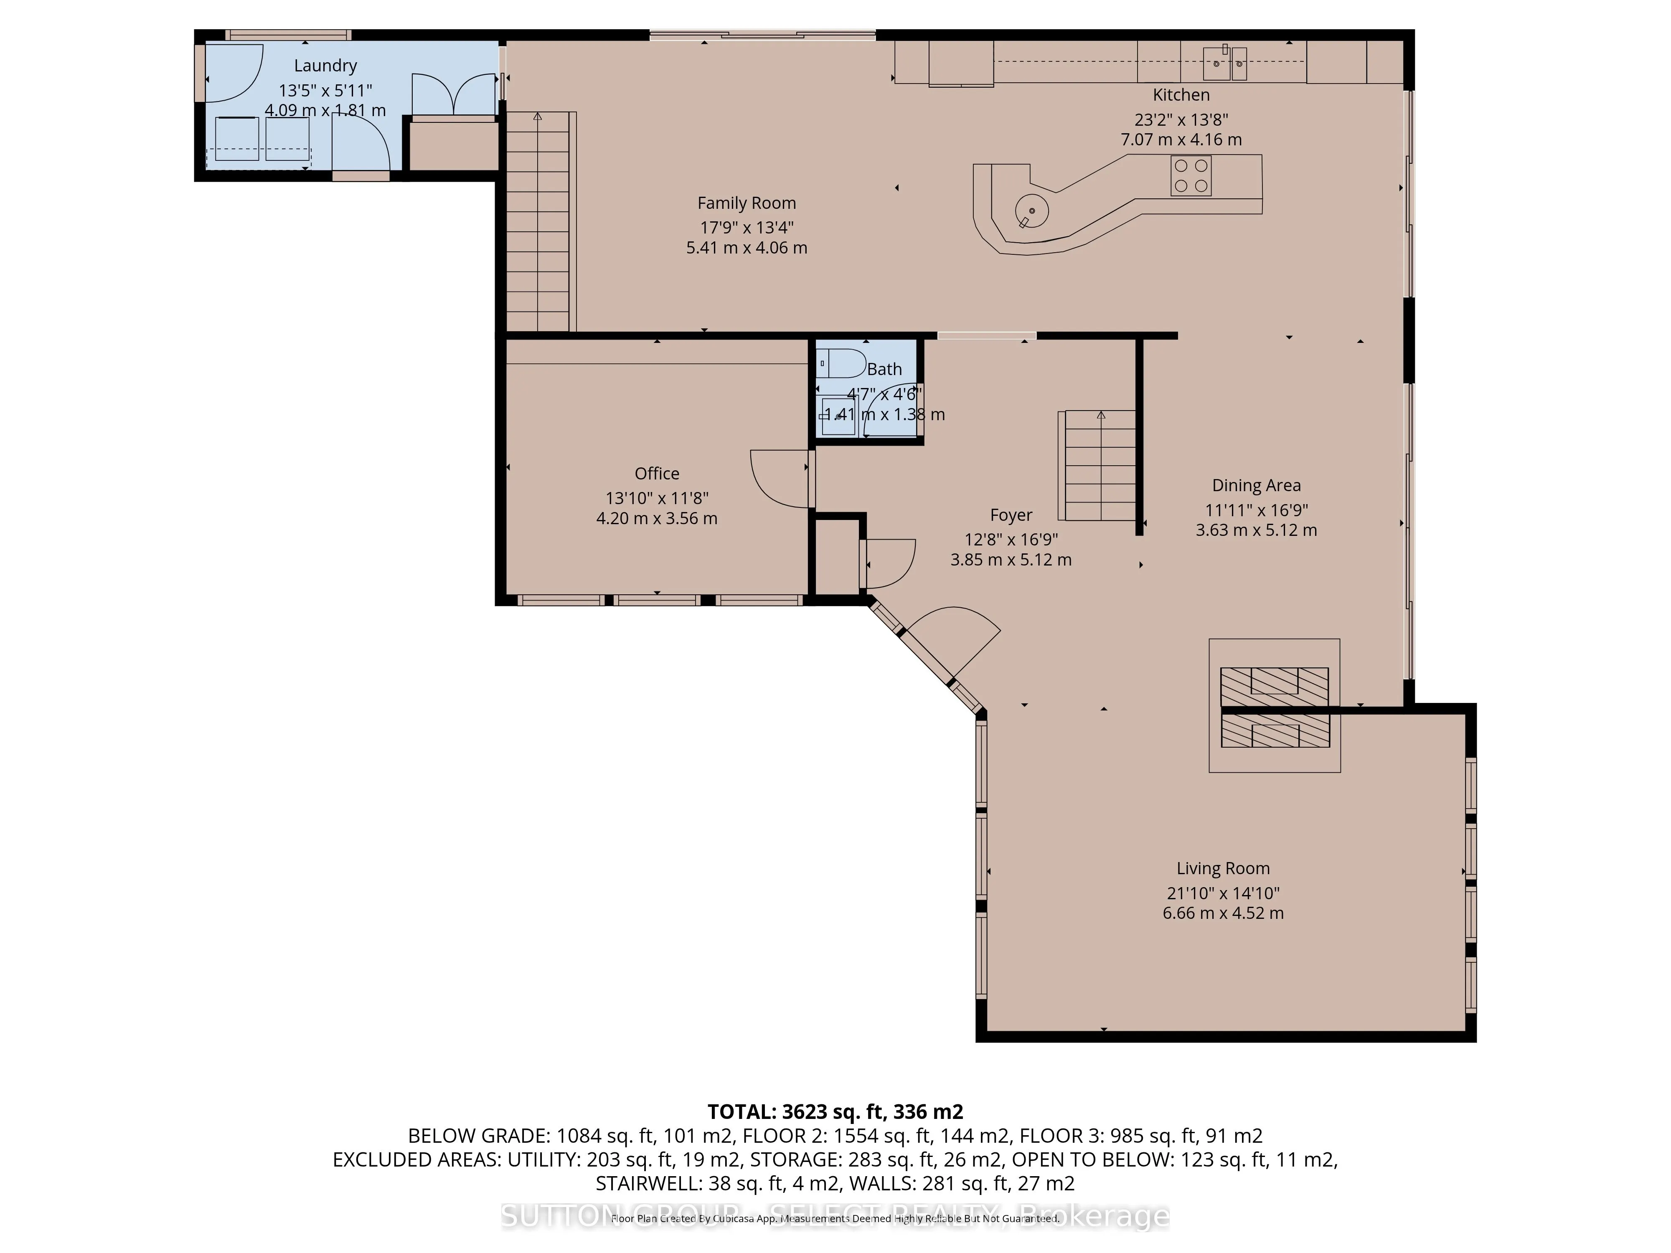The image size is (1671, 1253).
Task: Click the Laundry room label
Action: coord(325,66)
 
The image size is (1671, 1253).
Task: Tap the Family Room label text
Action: coord(747,203)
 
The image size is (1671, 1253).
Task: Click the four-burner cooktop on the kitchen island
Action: coord(1191,175)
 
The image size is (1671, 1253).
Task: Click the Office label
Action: coord(656,474)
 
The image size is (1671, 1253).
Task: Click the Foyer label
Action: coord(1011,515)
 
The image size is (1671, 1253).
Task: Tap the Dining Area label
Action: coord(1256,486)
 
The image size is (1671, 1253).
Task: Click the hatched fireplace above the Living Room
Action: coord(1275,706)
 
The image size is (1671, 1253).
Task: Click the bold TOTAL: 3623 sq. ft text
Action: coord(835,1112)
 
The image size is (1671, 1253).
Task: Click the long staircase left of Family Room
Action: coord(537,223)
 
